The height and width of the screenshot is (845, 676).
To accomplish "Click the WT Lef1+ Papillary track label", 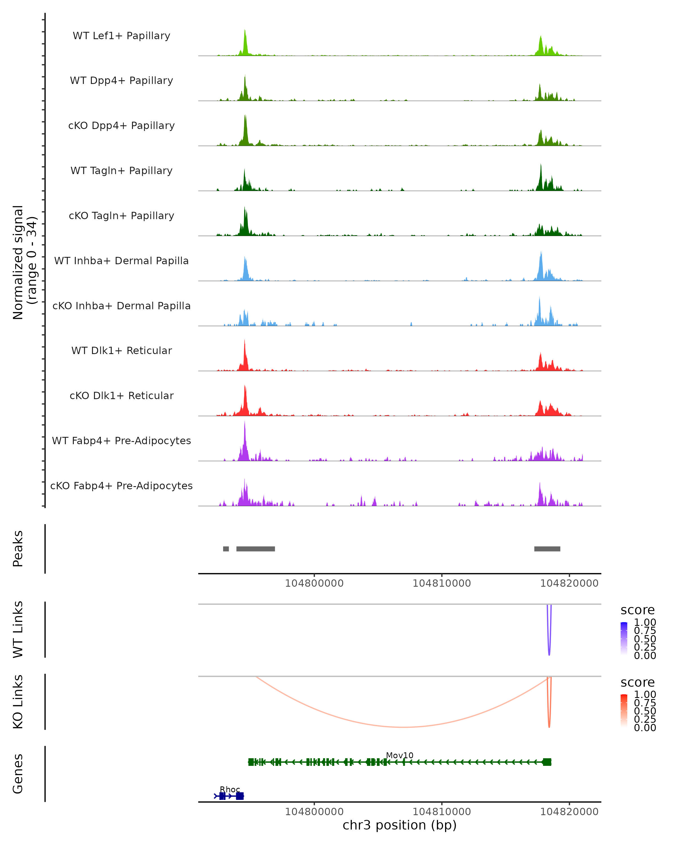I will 121,36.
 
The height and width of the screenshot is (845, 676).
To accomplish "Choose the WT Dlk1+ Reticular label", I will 121,350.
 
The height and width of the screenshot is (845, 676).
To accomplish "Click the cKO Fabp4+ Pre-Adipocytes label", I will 121,486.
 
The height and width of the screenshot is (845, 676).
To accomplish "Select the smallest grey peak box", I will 226,549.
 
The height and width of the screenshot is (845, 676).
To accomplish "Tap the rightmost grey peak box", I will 547,549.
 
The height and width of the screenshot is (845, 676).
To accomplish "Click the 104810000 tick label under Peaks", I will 442,583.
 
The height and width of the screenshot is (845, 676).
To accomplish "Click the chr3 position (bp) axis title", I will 399,825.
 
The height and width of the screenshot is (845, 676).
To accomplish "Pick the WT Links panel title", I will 18,630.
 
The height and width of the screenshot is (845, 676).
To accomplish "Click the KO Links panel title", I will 18,702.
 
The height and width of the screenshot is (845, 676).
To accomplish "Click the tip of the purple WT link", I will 549,655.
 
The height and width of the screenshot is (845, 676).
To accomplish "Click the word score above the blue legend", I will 637,610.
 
